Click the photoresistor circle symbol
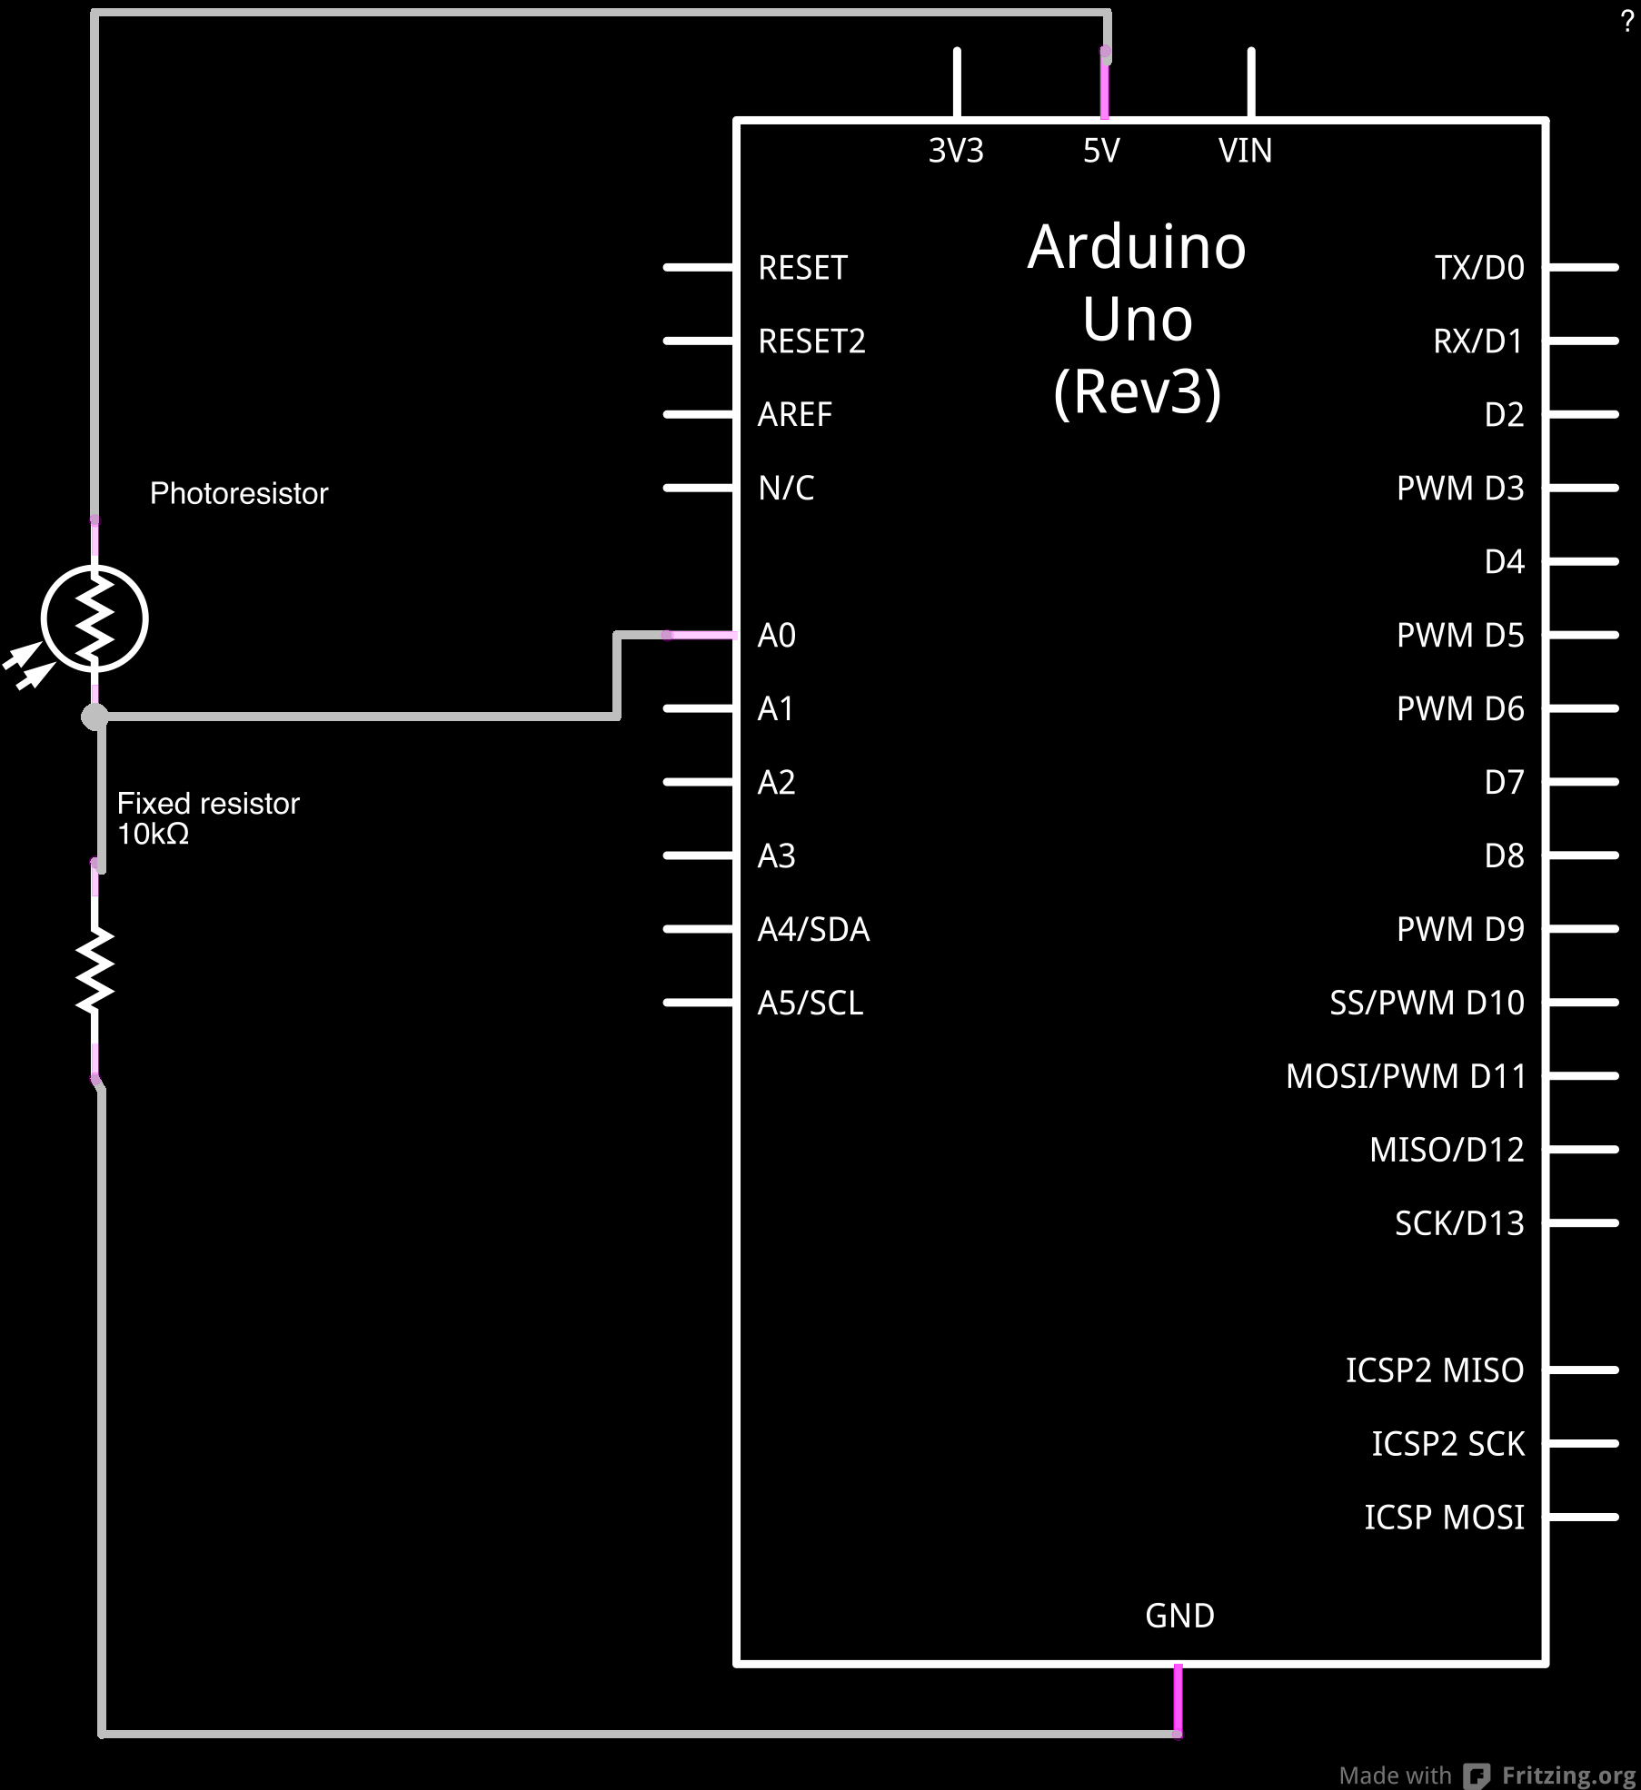[x=94, y=618]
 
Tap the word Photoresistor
[x=238, y=493]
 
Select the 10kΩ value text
[x=153, y=834]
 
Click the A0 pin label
[x=777, y=636]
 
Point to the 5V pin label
[x=1101, y=151]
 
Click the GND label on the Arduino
[x=1179, y=1616]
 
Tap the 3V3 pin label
[x=956, y=151]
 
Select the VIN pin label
[x=1245, y=151]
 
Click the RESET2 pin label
[x=811, y=341]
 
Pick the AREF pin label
[x=795, y=415]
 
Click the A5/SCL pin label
[x=811, y=1004]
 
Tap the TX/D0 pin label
[x=1479, y=268]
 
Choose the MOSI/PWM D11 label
[x=1406, y=1077]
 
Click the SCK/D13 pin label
[x=1459, y=1224]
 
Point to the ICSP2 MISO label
[x=1435, y=1370]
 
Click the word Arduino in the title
[x=1137, y=247]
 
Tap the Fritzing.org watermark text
[x=1568, y=1775]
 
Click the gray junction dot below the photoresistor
[x=94, y=717]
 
